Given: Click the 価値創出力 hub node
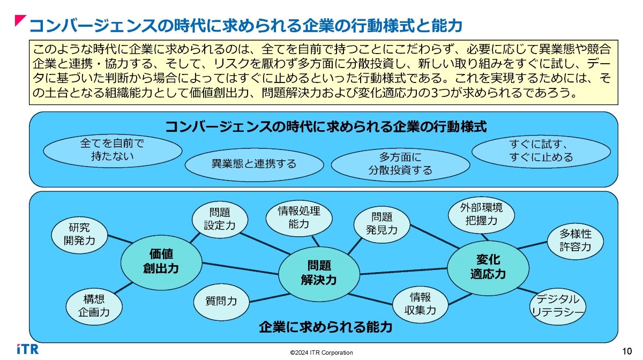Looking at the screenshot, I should click(161, 261).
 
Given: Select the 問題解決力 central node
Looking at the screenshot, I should click(319, 272).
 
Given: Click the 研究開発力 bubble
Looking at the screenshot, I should click(79, 234).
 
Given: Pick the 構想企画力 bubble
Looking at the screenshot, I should click(94, 306).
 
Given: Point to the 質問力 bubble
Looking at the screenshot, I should click(221, 302).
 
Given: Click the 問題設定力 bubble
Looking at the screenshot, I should click(220, 219).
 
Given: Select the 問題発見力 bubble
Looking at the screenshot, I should click(382, 223).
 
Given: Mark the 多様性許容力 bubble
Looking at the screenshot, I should click(575, 240).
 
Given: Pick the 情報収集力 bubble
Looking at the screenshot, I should click(421, 304).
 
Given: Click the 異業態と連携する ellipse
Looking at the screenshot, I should click(254, 163).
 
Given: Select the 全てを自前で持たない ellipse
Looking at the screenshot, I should click(112, 150).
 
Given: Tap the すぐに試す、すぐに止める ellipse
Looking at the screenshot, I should click(541, 151).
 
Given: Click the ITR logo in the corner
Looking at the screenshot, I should click(27, 349).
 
